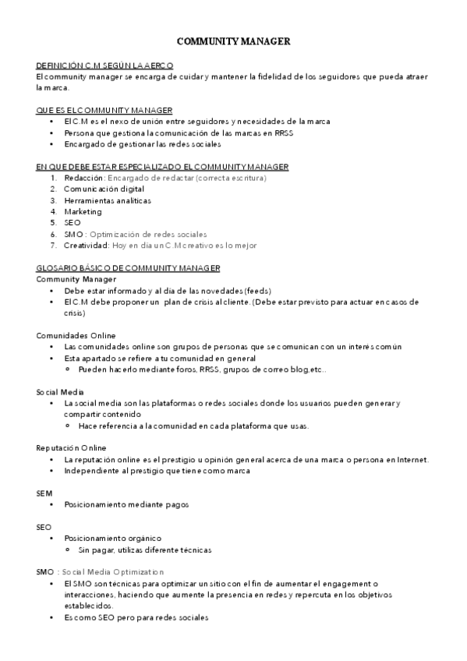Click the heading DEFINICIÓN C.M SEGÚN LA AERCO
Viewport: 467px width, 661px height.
click(x=104, y=65)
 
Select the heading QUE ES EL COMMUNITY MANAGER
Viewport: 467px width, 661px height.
click(x=104, y=111)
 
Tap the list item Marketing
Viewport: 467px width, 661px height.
click(x=83, y=210)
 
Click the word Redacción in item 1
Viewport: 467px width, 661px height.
click(x=83, y=178)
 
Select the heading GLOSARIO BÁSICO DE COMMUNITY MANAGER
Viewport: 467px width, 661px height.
click(x=129, y=267)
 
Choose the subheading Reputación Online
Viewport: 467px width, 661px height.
click(x=71, y=448)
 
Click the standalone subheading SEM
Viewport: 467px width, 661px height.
click(x=44, y=493)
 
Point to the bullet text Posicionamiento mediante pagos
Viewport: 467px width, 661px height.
click(x=126, y=504)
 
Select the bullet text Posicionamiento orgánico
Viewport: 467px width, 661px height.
click(x=112, y=539)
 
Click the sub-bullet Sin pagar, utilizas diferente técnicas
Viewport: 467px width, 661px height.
click(x=144, y=550)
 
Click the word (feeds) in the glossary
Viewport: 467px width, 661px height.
click(x=256, y=290)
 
